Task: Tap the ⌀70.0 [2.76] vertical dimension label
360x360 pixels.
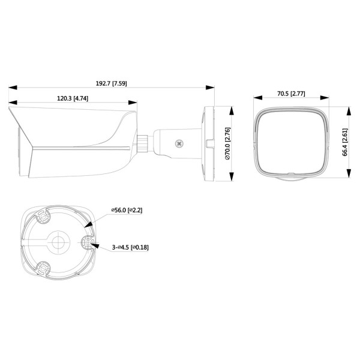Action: pyautogui.click(x=227, y=144)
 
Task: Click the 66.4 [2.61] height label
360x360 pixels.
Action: pyautogui.click(x=345, y=143)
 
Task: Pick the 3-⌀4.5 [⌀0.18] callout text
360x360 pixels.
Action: pyautogui.click(x=130, y=247)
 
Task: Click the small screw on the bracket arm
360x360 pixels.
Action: pyautogui.click(x=178, y=143)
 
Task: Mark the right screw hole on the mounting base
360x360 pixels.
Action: pyautogui.click(x=88, y=242)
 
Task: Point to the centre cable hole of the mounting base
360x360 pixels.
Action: pyautogui.click(x=58, y=243)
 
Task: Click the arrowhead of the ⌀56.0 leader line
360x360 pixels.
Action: pyautogui.click(x=89, y=226)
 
